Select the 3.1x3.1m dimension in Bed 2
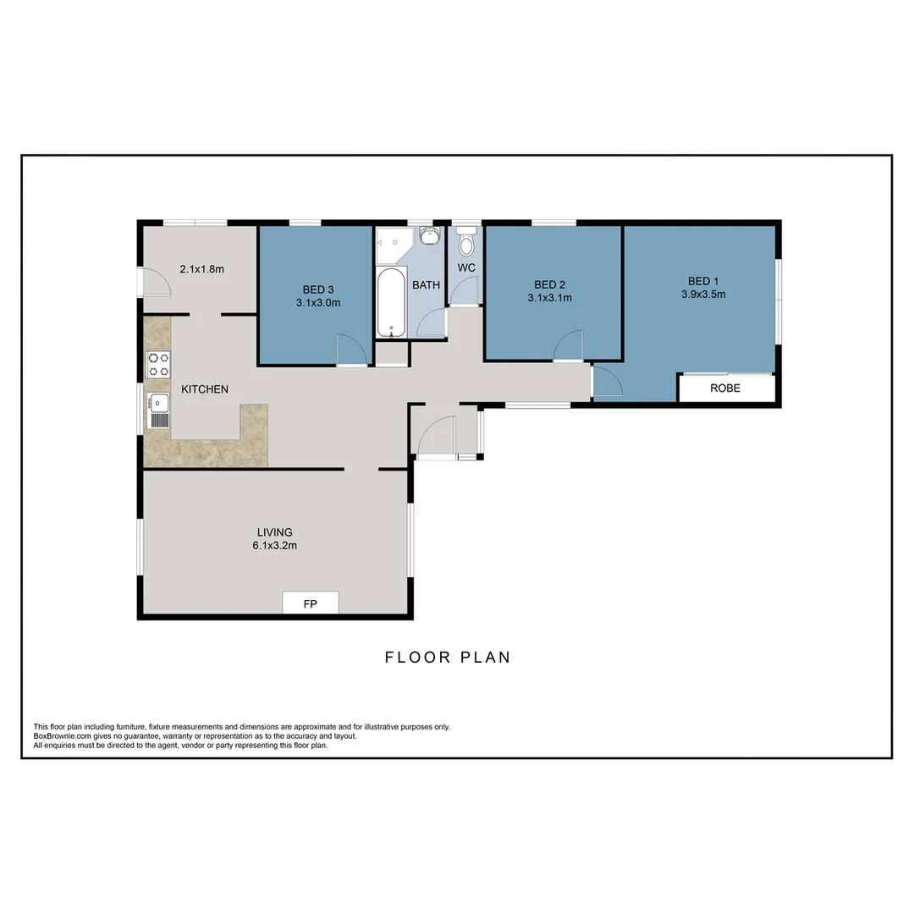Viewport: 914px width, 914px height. click(549, 298)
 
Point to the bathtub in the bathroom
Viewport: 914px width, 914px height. click(391, 302)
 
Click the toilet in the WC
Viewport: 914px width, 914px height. click(465, 244)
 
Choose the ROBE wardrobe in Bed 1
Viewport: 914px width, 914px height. click(725, 388)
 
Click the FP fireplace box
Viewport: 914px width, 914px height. click(310, 603)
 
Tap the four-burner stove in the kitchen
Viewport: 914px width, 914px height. click(158, 364)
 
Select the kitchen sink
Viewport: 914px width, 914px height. click(158, 410)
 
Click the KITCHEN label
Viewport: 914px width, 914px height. click(205, 389)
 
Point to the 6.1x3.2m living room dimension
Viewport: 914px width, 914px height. click(274, 546)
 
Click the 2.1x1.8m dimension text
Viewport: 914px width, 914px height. click(201, 269)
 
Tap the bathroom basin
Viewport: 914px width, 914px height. click(429, 234)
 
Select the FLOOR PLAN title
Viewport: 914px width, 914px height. click(448, 657)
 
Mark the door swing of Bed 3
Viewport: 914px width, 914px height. click(351, 349)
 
